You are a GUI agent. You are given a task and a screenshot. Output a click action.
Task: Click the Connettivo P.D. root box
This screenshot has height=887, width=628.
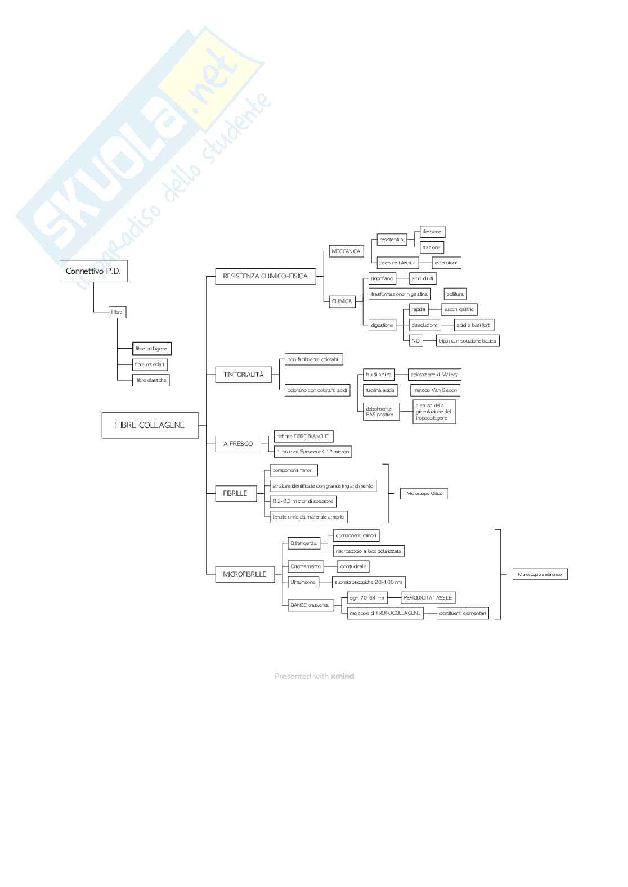93,271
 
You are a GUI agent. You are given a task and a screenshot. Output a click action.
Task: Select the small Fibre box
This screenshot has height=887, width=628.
116,312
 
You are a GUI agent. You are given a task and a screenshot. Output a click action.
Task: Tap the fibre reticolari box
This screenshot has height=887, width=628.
150,364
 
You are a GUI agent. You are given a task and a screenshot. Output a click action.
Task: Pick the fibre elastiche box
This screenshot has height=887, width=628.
151,380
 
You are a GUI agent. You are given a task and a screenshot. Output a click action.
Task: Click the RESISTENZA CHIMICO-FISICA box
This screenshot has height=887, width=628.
265,276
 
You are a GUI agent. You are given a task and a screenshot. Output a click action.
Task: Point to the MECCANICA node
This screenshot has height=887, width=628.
346,251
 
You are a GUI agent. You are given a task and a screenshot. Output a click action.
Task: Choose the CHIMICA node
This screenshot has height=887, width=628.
342,301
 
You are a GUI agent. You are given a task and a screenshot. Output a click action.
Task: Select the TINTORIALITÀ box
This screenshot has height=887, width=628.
243,375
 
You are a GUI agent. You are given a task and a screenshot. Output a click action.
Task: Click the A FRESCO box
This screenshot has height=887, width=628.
238,444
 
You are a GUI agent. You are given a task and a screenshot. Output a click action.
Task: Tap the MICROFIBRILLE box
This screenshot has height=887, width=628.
244,574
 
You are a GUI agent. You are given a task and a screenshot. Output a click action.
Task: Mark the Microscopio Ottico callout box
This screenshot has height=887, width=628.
424,493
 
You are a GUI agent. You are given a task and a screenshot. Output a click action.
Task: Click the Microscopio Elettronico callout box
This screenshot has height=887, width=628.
540,574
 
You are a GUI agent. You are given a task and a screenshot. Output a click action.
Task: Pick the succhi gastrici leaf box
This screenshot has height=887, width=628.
459,309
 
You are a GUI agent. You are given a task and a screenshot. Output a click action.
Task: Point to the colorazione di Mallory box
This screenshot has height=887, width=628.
434,375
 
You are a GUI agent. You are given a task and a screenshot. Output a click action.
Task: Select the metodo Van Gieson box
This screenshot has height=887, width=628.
434,390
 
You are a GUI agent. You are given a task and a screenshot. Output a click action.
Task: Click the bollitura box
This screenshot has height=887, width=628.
455,294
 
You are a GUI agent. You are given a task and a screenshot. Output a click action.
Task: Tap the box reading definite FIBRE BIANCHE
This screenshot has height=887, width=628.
302,436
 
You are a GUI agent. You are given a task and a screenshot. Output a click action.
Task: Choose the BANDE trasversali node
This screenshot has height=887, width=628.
310,605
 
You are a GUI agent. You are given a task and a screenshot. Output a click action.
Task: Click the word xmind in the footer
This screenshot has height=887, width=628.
342,676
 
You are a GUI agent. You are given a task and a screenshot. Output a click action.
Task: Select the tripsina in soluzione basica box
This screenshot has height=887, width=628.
467,340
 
